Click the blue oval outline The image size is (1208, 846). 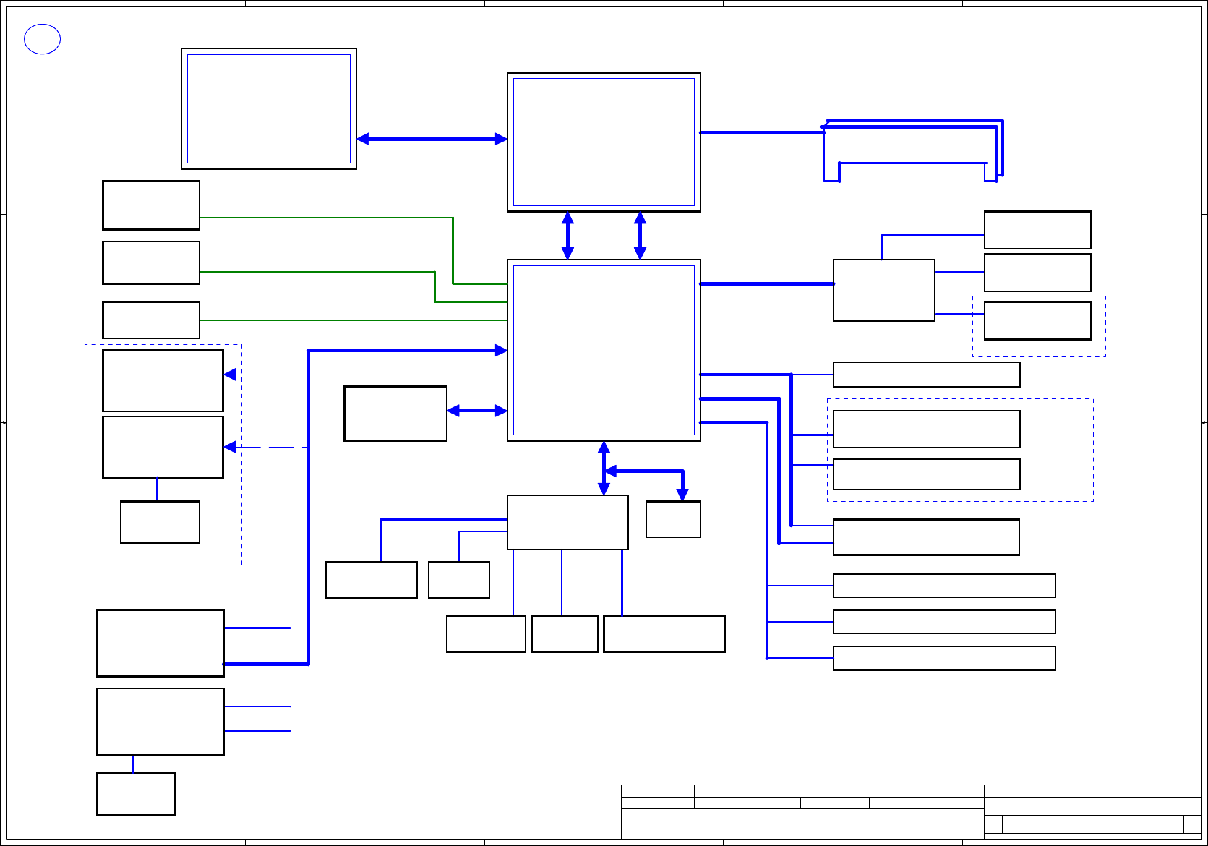[x=42, y=39]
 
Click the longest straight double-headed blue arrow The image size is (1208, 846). [x=432, y=139]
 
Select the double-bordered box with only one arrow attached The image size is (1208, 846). [x=268, y=108]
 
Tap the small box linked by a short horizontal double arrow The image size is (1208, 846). [x=395, y=414]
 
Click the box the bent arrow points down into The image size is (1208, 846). [x=673, y=519]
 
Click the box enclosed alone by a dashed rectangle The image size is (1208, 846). [x=1037, y=320]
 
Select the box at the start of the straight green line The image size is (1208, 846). [x=150, y=320]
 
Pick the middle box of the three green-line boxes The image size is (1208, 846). [x=150, y=262]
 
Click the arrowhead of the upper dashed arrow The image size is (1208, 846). [x=231, y=375]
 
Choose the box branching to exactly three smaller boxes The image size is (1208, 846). [x=883, y=290]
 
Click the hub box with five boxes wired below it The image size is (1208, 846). [x=567, y=522]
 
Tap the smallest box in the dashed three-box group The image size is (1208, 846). [x=160, y=522]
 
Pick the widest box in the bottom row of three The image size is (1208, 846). [x=664, y=634]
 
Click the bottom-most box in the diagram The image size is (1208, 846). [x=136, y=794]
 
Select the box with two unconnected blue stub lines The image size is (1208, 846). [x=160, y=722]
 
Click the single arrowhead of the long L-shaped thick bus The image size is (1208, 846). [x=500, y=351]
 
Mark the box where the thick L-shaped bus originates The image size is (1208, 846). [x=160, y=643]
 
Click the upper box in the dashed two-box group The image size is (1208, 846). [x=926, y=429]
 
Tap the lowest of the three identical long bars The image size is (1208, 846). [x=943, y=658]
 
